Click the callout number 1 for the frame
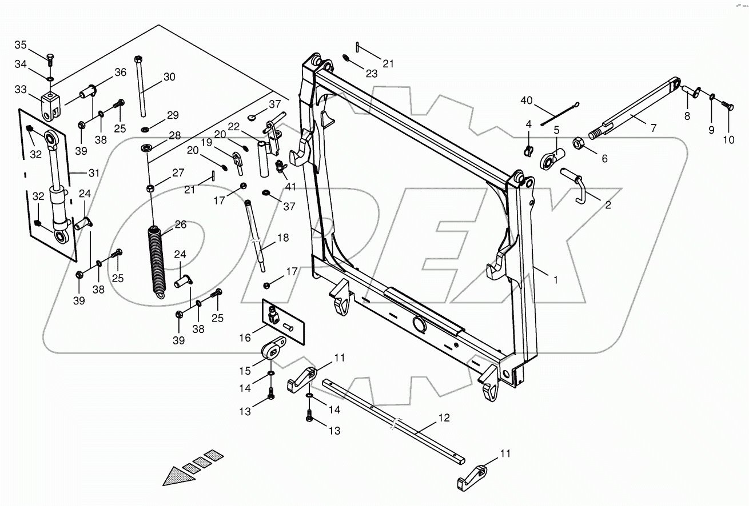tap(554, 279)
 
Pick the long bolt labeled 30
tap(140, 86)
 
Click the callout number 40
tap(527, 101)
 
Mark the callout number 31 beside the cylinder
tap(93, 172)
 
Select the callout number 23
tap(372, 73)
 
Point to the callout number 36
tap(120, 72)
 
